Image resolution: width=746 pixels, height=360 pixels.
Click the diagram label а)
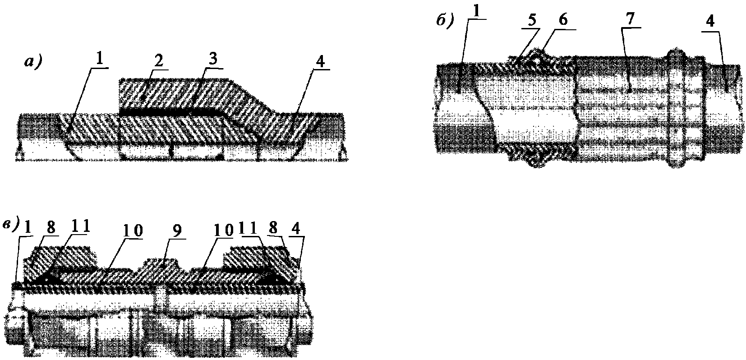[x=33, y=62]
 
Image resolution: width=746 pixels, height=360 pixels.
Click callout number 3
[x=212, y=59]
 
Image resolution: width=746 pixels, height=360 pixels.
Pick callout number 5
[x=532, y=21]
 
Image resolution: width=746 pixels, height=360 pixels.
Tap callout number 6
[x=563, y=20]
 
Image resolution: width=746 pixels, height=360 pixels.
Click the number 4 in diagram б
[x=710, y=22]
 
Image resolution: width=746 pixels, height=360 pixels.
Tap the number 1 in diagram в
[x=28, y=228]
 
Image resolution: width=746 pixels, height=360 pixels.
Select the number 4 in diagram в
[x=296, y=228]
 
